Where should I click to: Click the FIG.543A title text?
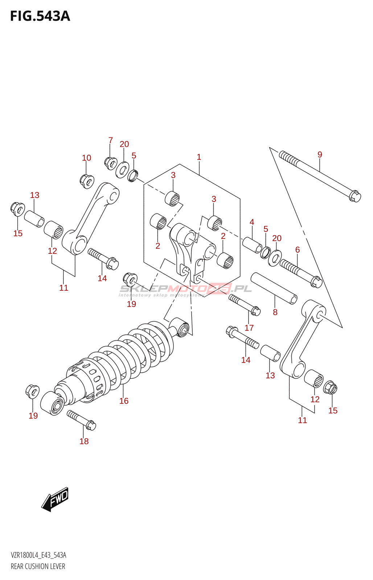tap(40, 16)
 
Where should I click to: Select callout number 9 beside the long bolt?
tap(320, 154)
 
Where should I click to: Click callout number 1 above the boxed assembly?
tap(199, 157)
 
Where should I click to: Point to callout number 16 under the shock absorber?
tap(124, 401)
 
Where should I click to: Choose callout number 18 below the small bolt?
tap(84, 441)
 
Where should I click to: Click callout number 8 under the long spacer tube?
tap(275, 312)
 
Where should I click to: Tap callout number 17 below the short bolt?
tap(249, 328)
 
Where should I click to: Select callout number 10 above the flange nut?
tap(86, 158)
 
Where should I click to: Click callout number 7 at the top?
tap(110, 140)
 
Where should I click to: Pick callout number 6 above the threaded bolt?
tap(298, 249)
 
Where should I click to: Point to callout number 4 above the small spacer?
tap(252, 222)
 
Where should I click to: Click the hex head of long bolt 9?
tap(355, 196)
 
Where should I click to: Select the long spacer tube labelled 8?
tap(274, 289)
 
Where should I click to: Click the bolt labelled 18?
tap(81, 420)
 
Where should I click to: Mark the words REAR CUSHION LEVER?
tap(38, 566)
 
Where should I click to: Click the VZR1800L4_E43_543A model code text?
tap(38, 555)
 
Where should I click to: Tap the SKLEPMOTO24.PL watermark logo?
tap(185, 289)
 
